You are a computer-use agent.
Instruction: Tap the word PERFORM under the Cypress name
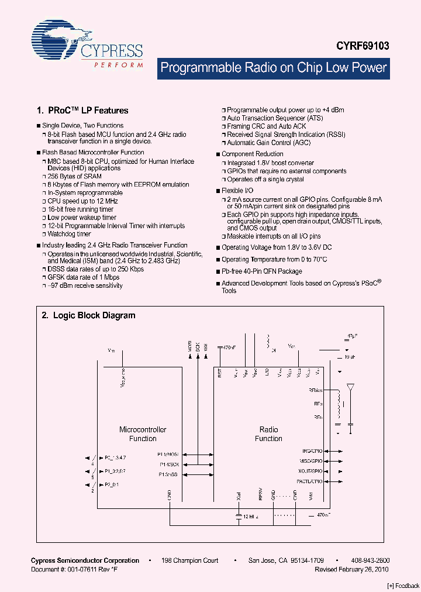click(119, 65)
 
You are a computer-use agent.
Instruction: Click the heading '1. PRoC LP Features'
click(82, 110)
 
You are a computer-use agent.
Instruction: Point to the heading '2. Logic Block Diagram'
click(88, 315)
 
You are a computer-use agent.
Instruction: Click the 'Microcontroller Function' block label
click(143, 434)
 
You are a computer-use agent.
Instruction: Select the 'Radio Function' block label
click(268, 434)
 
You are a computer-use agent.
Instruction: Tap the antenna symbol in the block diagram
click(350, 388)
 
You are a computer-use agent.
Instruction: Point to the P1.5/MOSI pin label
click(168, 454)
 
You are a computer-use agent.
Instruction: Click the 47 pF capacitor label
click(351, 336)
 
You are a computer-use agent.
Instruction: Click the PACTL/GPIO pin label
click(309, 481)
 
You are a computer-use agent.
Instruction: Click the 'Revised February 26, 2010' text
click(351, 569)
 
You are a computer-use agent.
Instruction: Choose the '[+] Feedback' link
click(403, 586)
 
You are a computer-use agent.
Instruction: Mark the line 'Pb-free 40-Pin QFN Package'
click(261, 271)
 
